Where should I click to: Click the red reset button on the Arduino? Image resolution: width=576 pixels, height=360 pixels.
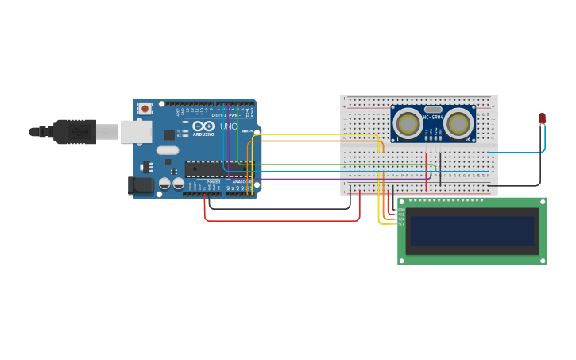145,109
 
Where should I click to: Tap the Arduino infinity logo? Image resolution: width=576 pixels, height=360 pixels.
203,126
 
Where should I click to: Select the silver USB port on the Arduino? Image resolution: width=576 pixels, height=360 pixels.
135,132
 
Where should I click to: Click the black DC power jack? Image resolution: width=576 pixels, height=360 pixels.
141,186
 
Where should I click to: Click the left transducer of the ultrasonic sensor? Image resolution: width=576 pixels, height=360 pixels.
408,123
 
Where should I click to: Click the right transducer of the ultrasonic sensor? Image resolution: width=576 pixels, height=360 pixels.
458,123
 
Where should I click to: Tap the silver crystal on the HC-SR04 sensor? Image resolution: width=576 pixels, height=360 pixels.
433,110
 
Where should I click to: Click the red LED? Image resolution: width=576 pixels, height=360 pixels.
543,118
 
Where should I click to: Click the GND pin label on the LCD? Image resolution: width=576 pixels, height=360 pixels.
401,209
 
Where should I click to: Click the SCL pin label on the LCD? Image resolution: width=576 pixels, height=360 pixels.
401,223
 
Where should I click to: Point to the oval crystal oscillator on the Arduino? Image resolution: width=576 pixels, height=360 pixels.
168,150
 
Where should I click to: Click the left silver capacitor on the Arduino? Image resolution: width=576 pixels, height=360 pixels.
164,184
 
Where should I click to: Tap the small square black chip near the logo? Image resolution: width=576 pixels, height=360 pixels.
169,134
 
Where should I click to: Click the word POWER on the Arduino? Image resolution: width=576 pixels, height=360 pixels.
213,181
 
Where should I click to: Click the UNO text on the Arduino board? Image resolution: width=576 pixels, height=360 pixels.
228,126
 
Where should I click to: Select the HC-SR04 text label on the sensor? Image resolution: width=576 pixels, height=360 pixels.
433,118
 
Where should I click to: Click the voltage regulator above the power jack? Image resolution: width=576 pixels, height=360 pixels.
145,167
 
